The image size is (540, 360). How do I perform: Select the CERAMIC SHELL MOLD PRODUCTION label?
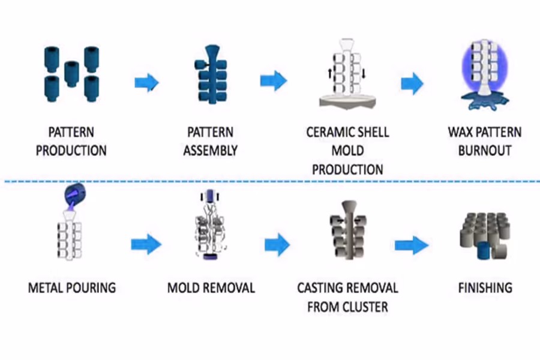pos(347,150)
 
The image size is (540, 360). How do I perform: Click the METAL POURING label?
pos(71,288)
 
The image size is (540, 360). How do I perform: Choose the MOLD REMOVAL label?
pos(211,288)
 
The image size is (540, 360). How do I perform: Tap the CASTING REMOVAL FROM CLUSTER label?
pos(347,298)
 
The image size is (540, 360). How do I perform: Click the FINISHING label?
pos(485,288)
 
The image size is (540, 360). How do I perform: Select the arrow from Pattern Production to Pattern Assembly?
pos(146,82)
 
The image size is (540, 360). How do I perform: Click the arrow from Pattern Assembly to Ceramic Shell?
pos(274,80)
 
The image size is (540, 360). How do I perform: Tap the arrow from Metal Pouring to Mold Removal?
pos(146,244)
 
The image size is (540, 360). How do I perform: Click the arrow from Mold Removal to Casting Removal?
pos(277,244)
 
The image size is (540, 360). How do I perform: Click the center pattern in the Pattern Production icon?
pos(71,73)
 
